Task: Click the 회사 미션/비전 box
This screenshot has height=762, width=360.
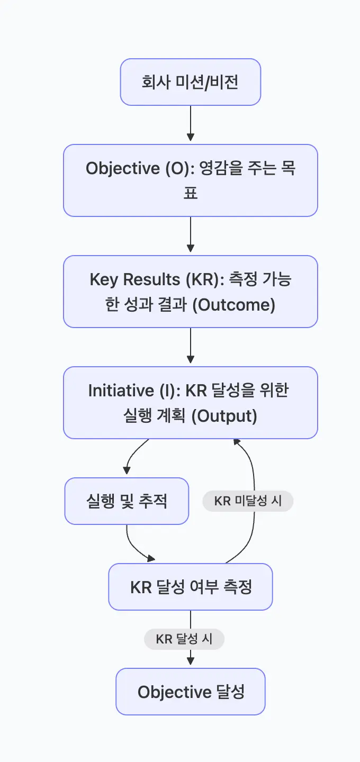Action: pos(191,82)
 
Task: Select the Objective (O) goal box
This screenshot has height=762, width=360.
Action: pos(191,180)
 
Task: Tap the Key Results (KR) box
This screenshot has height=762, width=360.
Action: pos(191,292)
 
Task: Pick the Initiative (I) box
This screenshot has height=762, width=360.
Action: pos(191,403)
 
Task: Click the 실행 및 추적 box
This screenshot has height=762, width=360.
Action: pos(127,501)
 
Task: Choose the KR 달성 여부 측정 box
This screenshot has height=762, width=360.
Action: pos(191,587)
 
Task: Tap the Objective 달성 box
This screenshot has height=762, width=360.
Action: pos(191,692)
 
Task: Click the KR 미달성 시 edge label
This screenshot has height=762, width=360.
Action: pos(248,501)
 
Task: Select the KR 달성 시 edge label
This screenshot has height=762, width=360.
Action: pos(184,639)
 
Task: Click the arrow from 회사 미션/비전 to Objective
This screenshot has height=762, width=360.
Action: pos(191,124)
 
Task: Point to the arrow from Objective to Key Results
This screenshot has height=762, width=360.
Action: pos(191,235)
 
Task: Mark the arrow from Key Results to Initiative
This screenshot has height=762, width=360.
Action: pos(191,346)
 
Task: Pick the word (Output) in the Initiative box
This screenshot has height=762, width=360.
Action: pos(224,416)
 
